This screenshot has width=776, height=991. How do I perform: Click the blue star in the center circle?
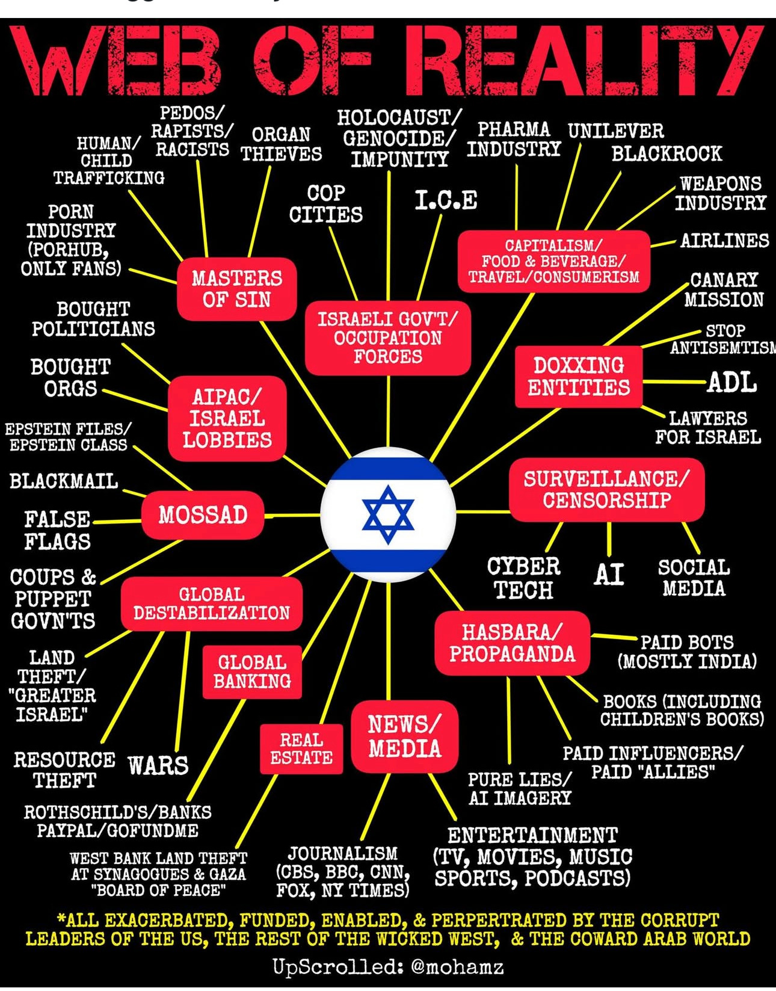388,514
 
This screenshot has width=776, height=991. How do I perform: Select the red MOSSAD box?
203,515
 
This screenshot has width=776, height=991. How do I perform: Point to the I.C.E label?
446,200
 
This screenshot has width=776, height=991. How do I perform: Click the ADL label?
731,382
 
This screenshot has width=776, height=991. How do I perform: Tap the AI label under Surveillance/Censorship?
609,575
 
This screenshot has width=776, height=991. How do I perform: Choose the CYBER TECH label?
523,578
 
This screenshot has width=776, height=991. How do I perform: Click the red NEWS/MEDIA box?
405,736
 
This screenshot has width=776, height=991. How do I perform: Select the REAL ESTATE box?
301,749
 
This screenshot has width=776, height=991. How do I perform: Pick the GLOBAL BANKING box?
252,671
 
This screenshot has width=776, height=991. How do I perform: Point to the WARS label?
158,765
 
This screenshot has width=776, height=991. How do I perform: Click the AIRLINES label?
724,241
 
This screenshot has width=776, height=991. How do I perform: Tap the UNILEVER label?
616,131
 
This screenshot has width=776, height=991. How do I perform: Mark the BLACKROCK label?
667,153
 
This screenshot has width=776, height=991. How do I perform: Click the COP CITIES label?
326,204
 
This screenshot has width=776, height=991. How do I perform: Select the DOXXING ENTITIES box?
579,376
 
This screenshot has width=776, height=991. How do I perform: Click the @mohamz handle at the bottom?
457,967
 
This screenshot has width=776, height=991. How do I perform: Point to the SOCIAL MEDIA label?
694,578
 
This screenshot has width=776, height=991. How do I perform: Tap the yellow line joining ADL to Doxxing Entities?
674,381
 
